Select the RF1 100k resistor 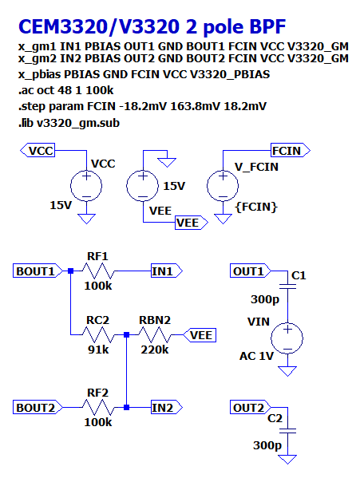tap(97, 271)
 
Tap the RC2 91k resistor tap(97, 335)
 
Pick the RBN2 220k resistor tap(155, 335)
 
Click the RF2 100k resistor tap(97, 407)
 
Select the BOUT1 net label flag tap(36, 271)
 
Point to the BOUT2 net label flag tap(36, 407)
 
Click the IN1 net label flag tap(165, 271)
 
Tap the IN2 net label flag tap(165, 407)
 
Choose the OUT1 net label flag tap(250, 271)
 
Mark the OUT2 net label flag tap(250, 407)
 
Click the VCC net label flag tap(39, 150)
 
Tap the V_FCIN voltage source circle tap(221, 188)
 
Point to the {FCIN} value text tap(256, 207)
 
